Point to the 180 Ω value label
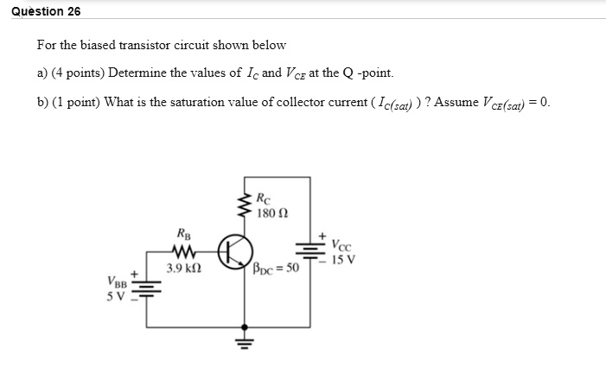tap(273, 212)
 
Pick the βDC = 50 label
tap(276, 269)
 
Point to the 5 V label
tap(116, 298)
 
